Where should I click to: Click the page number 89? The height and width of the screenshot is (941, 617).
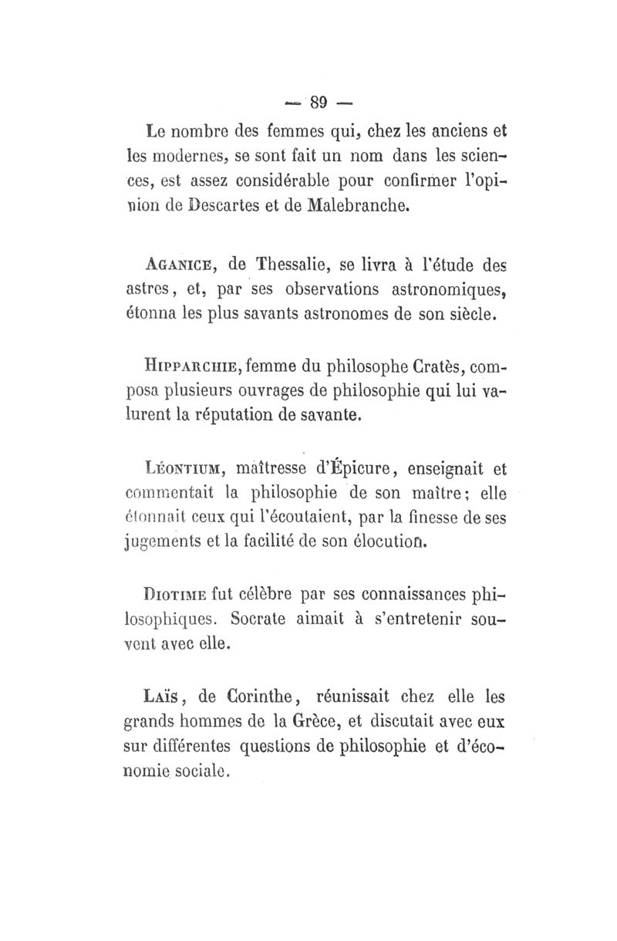point(318,101)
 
